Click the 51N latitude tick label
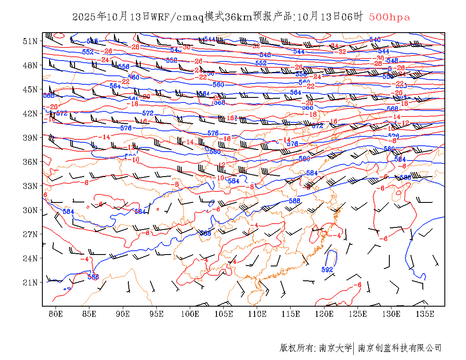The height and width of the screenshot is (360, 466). [31, 41]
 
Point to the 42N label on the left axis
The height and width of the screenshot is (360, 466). [31, 114]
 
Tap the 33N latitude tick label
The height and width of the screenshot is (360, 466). [31, 186]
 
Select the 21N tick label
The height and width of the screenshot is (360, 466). [31, 282]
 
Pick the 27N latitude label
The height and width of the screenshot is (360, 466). [31, 234]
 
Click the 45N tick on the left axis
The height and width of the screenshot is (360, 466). [31, 89]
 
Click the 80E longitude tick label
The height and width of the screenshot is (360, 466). [56, 314]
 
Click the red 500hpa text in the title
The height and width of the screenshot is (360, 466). [389, 17]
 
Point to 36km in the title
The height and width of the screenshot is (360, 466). [239, 17]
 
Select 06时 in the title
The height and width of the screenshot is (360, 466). [353, 17]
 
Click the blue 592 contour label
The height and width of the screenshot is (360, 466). [327, 270]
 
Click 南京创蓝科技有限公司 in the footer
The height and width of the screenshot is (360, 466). [399, 348]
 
